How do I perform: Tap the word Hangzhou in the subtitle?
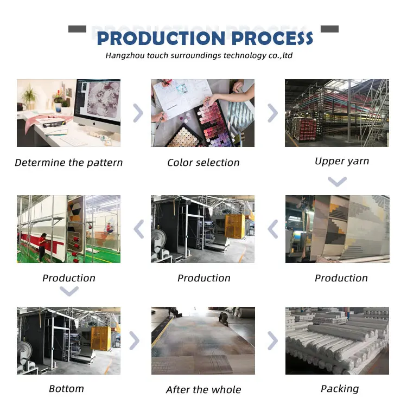(123, 55)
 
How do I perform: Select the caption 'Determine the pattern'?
(69, 163)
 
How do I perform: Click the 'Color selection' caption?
(203, 163)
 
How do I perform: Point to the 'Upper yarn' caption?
(342, 161)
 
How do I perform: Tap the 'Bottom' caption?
(66, 389)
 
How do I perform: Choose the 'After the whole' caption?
(203, 390)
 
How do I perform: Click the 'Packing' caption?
(340, 389)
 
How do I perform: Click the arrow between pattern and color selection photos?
(138, 113)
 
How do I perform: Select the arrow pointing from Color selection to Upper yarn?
(272, 113)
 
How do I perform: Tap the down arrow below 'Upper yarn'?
(337, 182)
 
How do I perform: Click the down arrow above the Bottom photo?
(69, 292)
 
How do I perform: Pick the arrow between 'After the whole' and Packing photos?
(272, 341)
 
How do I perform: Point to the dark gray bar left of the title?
(77, 29)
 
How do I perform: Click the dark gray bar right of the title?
(329, 29)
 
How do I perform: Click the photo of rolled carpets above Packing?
(337, 340)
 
